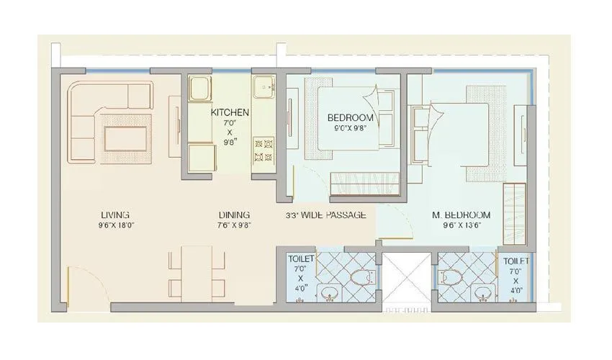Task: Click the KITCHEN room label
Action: tap(230, 112)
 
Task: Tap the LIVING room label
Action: tap(114, 215)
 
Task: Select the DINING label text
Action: tap(234, 215)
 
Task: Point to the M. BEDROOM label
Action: tap(461, 215)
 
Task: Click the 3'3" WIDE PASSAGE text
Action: tap(325, 215)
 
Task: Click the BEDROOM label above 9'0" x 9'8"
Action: tap(350, 118)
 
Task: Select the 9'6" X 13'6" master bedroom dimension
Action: tap(461, 225)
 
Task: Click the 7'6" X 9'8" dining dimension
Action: tap(234, 225)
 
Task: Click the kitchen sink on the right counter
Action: tap(265, 88)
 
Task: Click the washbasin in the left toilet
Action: tap(330, 292)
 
